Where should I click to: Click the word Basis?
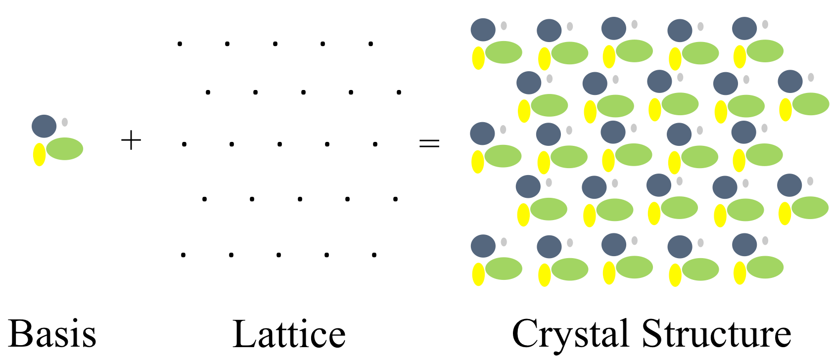pos(52,334)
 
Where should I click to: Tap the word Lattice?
pos(289,334)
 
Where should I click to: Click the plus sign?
pos(131,141)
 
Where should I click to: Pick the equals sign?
pos(429,143)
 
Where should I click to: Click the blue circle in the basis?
pos(44,126)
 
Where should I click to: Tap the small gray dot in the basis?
pos(65,122)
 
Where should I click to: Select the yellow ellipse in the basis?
pos(39,154)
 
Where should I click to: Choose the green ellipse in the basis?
pos(65,148)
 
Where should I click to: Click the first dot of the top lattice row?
pos(180,44)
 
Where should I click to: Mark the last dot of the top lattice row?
pos(370,44)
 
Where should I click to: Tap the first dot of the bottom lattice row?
pos(183,255)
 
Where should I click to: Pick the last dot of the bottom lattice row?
pos(374,255)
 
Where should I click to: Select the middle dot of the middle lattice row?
pos(279,144)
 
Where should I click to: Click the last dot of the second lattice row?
pos(399,92)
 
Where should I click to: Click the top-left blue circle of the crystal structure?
pos(483,30)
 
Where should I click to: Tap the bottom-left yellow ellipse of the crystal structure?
pos(478,274)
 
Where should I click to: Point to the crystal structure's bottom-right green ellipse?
pos(765,268)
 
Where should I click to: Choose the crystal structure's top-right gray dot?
pos(765,24)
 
